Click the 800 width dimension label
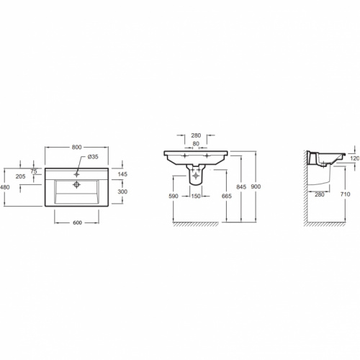point(76,147)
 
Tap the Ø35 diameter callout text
point(93,157)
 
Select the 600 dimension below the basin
point(77,222)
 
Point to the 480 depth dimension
point(4,186)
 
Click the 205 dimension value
point(20,176)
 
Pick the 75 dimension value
point(34,171)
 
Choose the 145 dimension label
point(122,174)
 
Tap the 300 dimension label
point(122,192)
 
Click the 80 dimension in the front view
point(196,143)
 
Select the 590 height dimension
point(174,196)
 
